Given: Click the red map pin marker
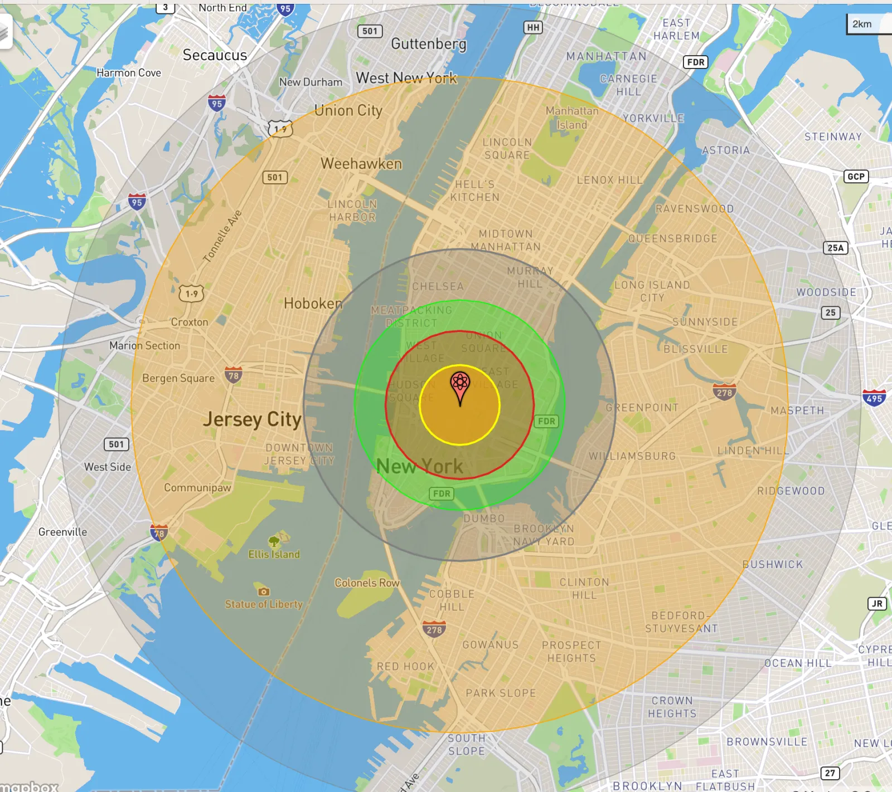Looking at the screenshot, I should [460, 384].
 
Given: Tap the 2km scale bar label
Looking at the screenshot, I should [861, 24].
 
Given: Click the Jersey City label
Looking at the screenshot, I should [252, 419].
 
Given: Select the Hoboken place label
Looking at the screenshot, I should [313, 304].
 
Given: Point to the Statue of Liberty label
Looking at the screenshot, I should [264, 604].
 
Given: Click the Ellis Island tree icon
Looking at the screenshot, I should [274, 541].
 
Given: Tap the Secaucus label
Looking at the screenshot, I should [215, 55].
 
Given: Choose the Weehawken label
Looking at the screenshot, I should [361, 164].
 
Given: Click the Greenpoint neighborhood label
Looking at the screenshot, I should [642, 408].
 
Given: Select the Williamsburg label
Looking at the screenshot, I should [632, 456].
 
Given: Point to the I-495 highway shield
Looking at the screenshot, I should [874, 398].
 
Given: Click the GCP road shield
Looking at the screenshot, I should [856, 177].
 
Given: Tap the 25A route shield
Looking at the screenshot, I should [835, 248].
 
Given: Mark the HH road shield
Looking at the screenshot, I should [533, 27].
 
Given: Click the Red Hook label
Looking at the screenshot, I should [405, 667].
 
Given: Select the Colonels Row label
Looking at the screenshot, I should [367, 583].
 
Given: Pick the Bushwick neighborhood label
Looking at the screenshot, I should [772, 564].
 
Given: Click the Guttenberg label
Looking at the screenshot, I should [428, 43].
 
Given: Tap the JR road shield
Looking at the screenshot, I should [877, 604].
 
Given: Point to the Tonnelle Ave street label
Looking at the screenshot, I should [222, 236].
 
